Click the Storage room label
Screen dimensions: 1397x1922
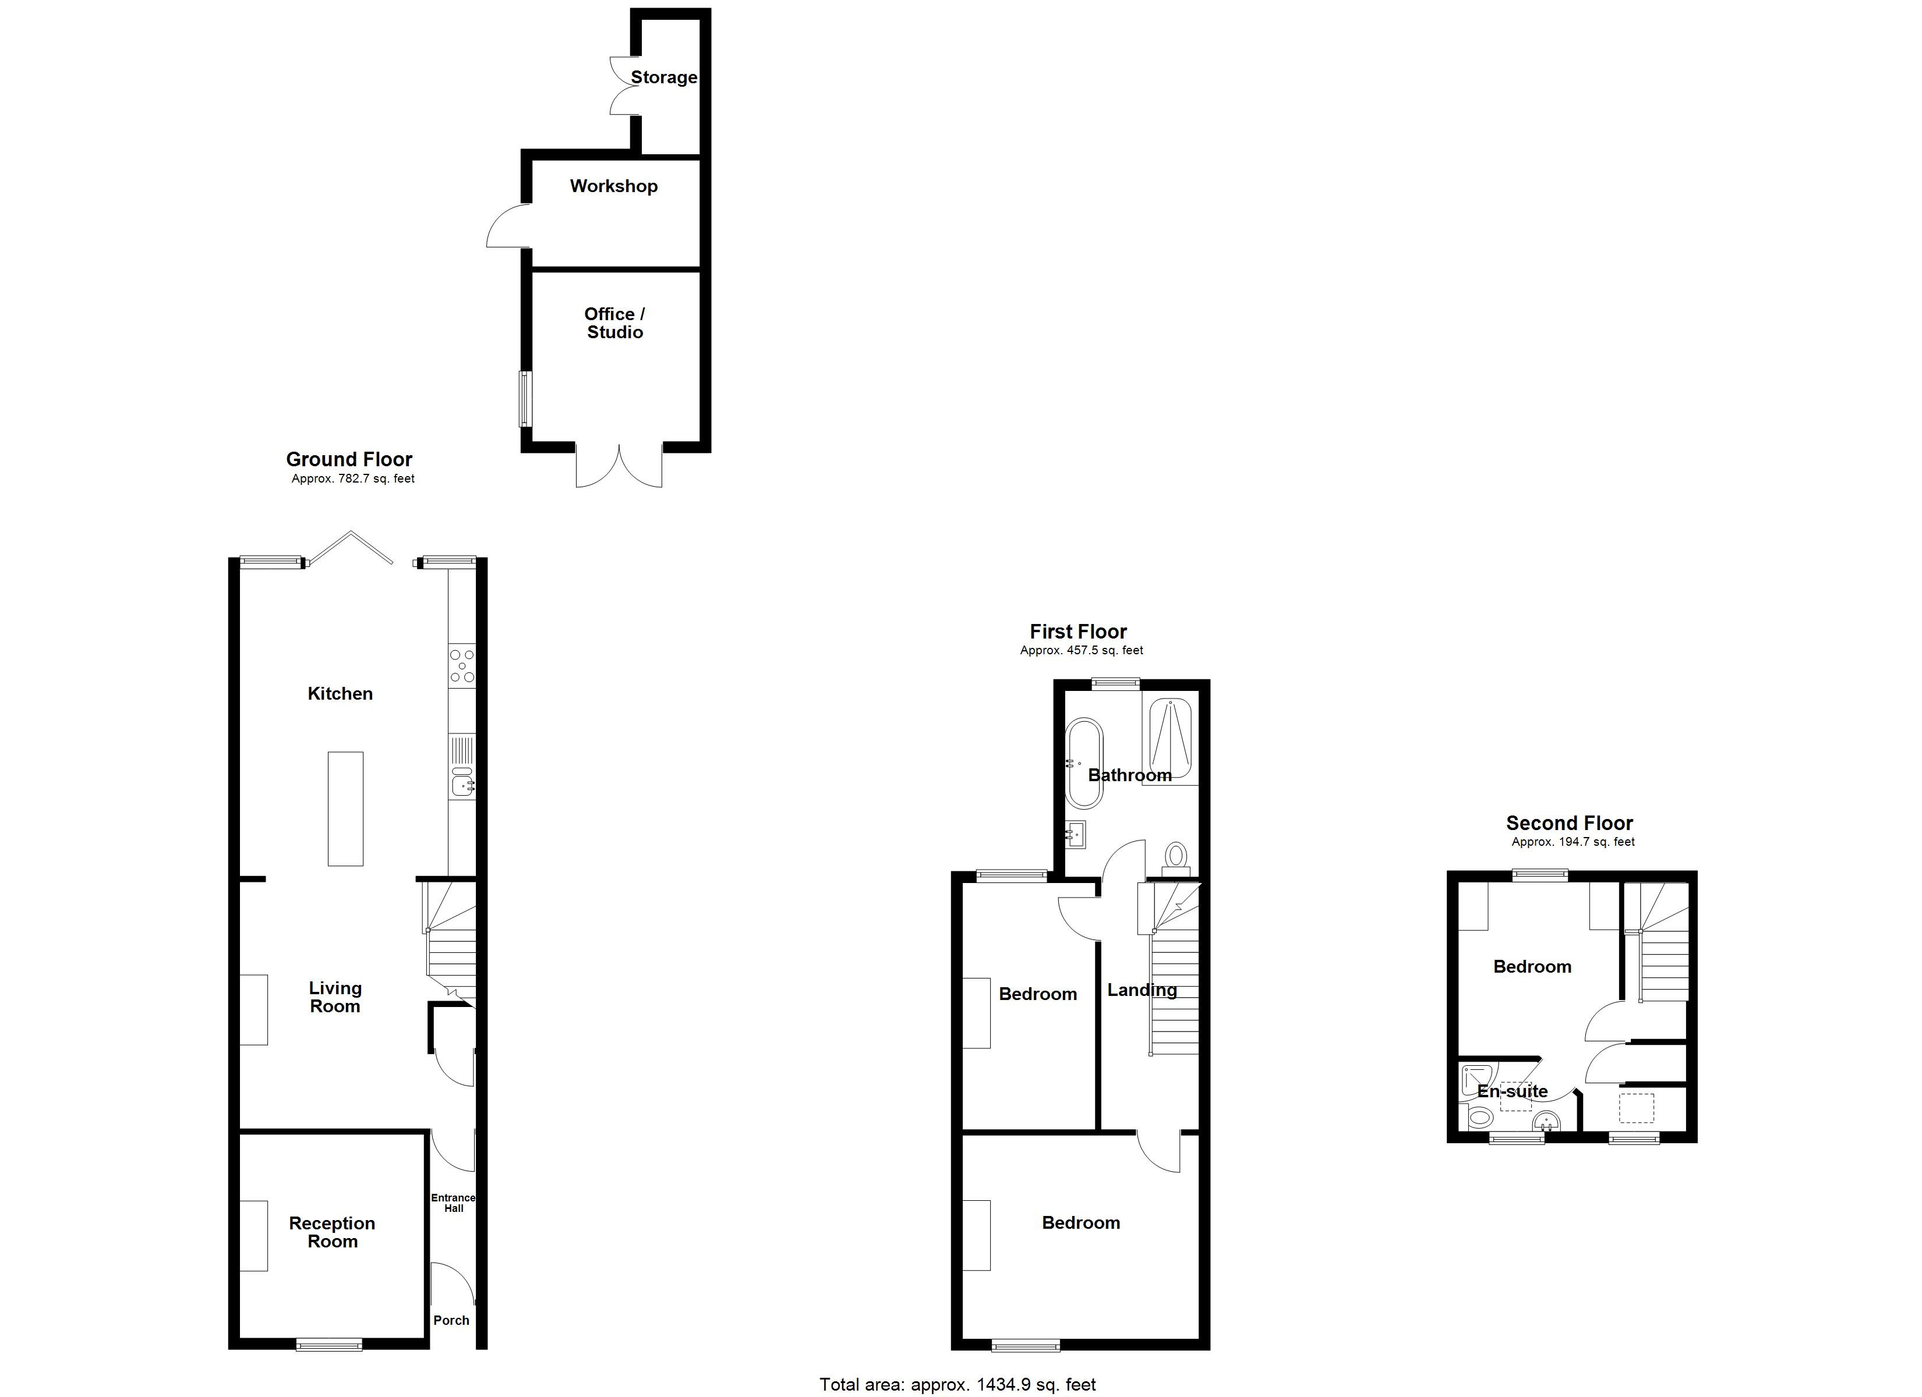[x=663, y=77]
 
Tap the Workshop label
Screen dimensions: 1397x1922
[x=613, y=186]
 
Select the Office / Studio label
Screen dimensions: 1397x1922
[x=614, y=323]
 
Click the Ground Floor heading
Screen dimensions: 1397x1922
[x=349, y=459]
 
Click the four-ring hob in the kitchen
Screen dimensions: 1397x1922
[x=462, y=665]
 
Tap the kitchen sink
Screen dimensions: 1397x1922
[x=462, y=783]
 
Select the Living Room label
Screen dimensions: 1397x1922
[x=335, y=997]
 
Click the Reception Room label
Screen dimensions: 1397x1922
[x=332, y=1232]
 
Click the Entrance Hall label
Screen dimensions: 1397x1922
[x=453, y=1203]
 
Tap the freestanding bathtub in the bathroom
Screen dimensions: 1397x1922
[x=1084, y=763]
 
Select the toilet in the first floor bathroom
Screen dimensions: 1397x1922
[x=1176, y=856]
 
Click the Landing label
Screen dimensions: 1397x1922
[x=1142, y=990]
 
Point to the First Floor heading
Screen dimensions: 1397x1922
[x=1078, y=632]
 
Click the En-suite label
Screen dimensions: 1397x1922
[x=1512, y=1091]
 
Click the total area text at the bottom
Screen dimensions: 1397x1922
[x=958, y=1384]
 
